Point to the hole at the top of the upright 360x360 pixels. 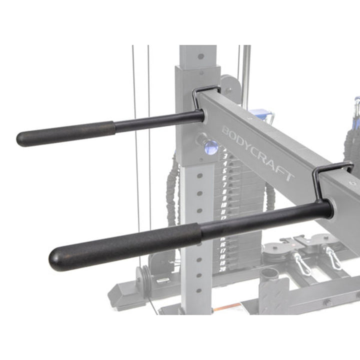coord(200,56)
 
